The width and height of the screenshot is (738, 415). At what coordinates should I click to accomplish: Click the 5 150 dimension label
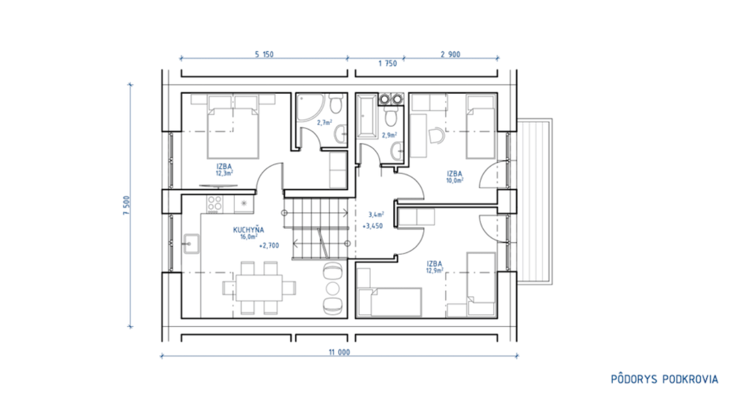264,54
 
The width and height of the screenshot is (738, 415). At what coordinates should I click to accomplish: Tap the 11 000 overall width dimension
340,352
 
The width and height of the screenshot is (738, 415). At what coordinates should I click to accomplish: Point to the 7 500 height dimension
126,205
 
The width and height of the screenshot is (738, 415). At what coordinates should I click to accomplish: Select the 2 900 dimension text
450,54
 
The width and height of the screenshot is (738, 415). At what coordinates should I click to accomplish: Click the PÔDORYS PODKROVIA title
664,379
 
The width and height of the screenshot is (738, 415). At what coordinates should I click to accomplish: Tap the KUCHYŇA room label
248,230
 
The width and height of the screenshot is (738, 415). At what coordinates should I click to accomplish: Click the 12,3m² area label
224,173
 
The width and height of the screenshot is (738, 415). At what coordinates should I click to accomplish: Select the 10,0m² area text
455,180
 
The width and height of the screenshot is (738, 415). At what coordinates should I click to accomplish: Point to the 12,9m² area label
435,271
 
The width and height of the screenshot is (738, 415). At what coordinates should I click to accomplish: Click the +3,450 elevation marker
372,227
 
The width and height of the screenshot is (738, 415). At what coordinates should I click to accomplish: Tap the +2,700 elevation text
269,246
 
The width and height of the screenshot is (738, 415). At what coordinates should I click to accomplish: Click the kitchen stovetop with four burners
214,204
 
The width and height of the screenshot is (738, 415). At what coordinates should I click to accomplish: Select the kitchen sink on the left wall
191,244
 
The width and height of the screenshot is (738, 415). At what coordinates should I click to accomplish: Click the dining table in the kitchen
259,288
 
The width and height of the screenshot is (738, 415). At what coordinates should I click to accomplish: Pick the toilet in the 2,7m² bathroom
336,103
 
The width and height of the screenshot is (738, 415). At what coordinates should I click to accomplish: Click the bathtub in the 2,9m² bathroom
367,116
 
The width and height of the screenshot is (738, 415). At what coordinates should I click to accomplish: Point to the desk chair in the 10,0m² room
437,135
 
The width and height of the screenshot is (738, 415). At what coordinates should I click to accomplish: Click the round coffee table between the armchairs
333,288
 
